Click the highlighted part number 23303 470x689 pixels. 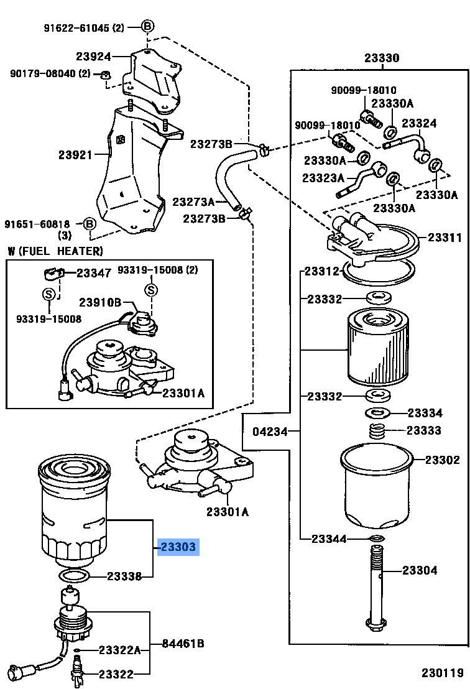tap(178, 547)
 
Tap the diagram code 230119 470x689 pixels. tap(443, 673)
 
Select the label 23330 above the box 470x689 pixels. tap(382, 58)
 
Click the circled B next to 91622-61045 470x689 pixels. tap(147, 26)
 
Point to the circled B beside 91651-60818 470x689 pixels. tap(90, 224)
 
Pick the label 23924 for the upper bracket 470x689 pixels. tap(93, 56)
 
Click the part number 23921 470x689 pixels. tap(76, 155)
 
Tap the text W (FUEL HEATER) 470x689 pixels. tap(55, 251)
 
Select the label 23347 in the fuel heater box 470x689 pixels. tap(94, 273)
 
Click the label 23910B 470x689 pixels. tap(100, 302)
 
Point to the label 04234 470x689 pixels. tap(270, 432)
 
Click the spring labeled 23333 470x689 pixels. tap(377, 430)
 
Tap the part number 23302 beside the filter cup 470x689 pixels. tap(442, 460)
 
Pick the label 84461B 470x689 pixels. tap(183, 644)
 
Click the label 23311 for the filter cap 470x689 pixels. tap(445, 238)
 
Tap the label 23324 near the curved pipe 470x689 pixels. tap(419, 123)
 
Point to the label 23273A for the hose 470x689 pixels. tap(193, 201)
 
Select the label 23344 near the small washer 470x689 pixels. tap(329, 539)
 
